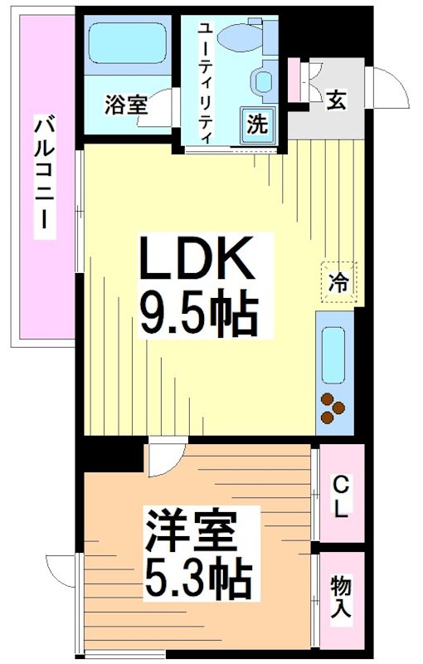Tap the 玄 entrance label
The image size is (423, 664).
335,100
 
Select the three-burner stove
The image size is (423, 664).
333,407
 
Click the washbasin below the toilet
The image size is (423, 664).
265,81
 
